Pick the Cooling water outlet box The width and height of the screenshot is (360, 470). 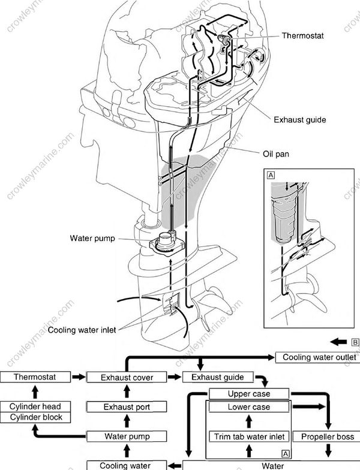pyautogui.click(x=317, y=358)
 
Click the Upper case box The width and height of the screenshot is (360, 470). pyautogui.click(x=249, y=394)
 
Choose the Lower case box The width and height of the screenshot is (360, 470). pyautogui.click(x=249, y=408)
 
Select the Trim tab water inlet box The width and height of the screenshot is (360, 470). pyautogui.click(x=249, y=436)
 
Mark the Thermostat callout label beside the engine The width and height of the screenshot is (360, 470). pyautogui.click(x=303, y=36)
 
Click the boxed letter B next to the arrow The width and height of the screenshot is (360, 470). pyautogui.click(x=355, y=342)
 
